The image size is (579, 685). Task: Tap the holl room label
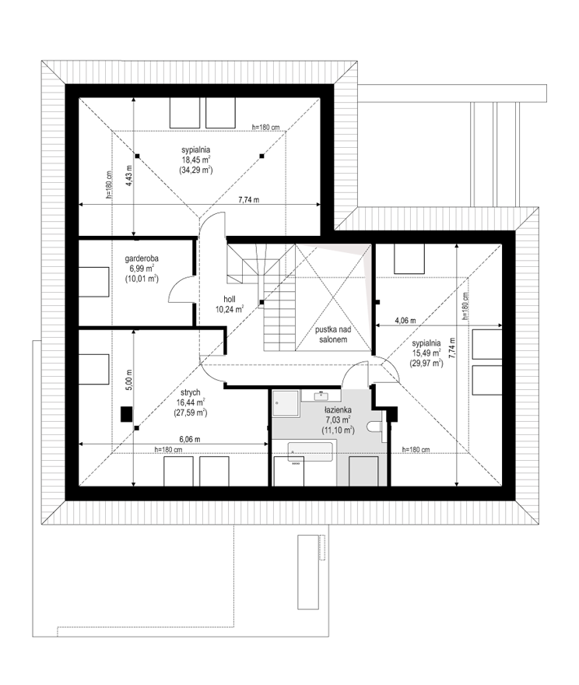click(x=230, y=299)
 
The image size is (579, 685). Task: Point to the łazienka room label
click(x=338, y=410)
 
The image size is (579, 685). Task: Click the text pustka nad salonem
click(x=333, y=334)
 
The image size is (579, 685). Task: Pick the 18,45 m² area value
click(x=195, y=160)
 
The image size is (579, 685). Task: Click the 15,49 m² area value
click(x=426, y=353)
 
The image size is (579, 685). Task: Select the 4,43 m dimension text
click(x=128, y=176)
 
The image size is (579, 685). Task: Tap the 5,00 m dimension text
click(x=128, y=379)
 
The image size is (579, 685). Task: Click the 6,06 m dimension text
click(x=190, y=440)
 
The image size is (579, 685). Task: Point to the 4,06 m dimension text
click(x=405, y=320)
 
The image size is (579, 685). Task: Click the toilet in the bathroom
click(x=374, y=427)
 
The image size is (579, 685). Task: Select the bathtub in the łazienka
click(x=310, y=451)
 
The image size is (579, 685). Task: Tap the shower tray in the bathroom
click(x=286, y=402)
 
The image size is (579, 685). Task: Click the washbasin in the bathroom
click(x=321, y=395)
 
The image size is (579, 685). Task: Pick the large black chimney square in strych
click(x=127, y=414)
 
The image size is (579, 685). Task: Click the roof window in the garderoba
click(x=93, y=283)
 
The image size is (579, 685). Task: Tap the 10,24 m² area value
click(x=230, y=310)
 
